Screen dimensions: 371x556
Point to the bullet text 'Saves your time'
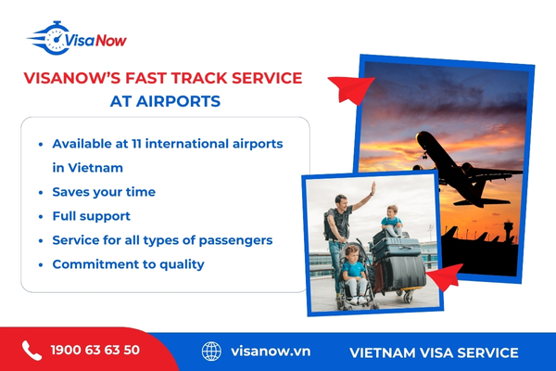click(104, 192)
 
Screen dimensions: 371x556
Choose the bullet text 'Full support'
click(93, 216)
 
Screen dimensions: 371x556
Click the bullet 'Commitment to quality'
click(128, 264)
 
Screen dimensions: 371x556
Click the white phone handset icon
click(32, 351)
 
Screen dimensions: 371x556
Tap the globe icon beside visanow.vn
click(212, 352)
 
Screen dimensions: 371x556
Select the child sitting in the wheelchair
click(353, 269)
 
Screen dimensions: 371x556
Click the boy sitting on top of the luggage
click(392, 221)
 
